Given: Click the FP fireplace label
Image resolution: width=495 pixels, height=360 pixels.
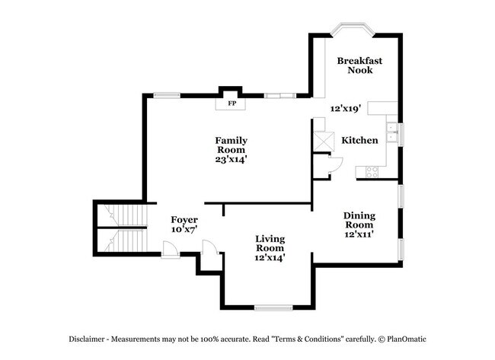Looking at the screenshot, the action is pos(232,104).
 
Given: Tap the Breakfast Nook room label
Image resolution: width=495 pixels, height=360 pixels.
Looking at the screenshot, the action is pos(359,65).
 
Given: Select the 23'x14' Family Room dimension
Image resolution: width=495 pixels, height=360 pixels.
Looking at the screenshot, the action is pos(231,159).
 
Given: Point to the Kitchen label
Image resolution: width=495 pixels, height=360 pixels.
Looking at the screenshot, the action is pos(359,140).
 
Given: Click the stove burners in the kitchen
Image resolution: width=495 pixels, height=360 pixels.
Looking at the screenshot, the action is pos(372,172).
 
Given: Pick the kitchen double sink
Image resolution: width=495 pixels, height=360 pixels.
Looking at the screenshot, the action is pos(392,132).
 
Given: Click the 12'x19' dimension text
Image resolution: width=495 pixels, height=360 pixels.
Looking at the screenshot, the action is pos(346,109).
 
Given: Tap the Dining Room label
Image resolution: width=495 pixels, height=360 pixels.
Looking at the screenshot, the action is pos(359,220).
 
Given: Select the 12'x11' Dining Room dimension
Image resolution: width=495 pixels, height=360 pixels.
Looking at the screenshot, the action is pos(359,234).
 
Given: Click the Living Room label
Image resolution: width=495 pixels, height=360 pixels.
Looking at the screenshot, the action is pos(270,244).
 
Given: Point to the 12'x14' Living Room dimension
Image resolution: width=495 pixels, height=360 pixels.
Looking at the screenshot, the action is pos(270,258).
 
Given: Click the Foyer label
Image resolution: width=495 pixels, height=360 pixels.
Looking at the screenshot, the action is pos(184,220).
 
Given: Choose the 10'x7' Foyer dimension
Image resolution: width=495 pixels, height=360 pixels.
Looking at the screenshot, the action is pos(184,229).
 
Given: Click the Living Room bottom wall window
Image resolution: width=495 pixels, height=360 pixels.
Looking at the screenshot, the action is pos(273,307).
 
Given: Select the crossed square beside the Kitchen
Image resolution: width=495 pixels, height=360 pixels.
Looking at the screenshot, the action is pos(324,142).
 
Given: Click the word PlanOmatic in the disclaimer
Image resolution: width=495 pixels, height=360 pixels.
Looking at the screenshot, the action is pos(407,339).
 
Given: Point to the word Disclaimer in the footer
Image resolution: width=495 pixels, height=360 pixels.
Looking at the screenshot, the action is pos(87,339).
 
